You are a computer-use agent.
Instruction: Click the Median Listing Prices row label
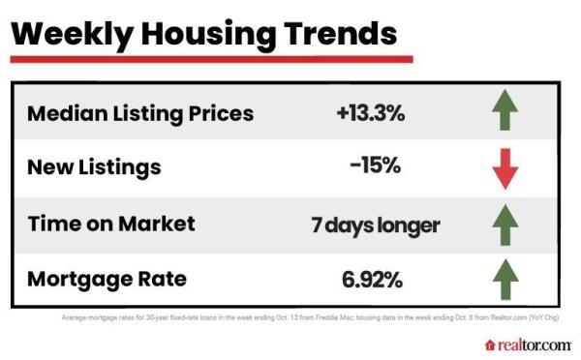[x=140, y=113]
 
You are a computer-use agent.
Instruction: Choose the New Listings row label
[x=93, y=168]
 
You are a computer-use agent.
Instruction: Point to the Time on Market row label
[x=110, y=224]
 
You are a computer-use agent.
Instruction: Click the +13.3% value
[x=370, y=113]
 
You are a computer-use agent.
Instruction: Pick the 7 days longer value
[x=375, y=225]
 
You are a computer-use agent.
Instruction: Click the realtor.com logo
[x=527, y=345]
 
